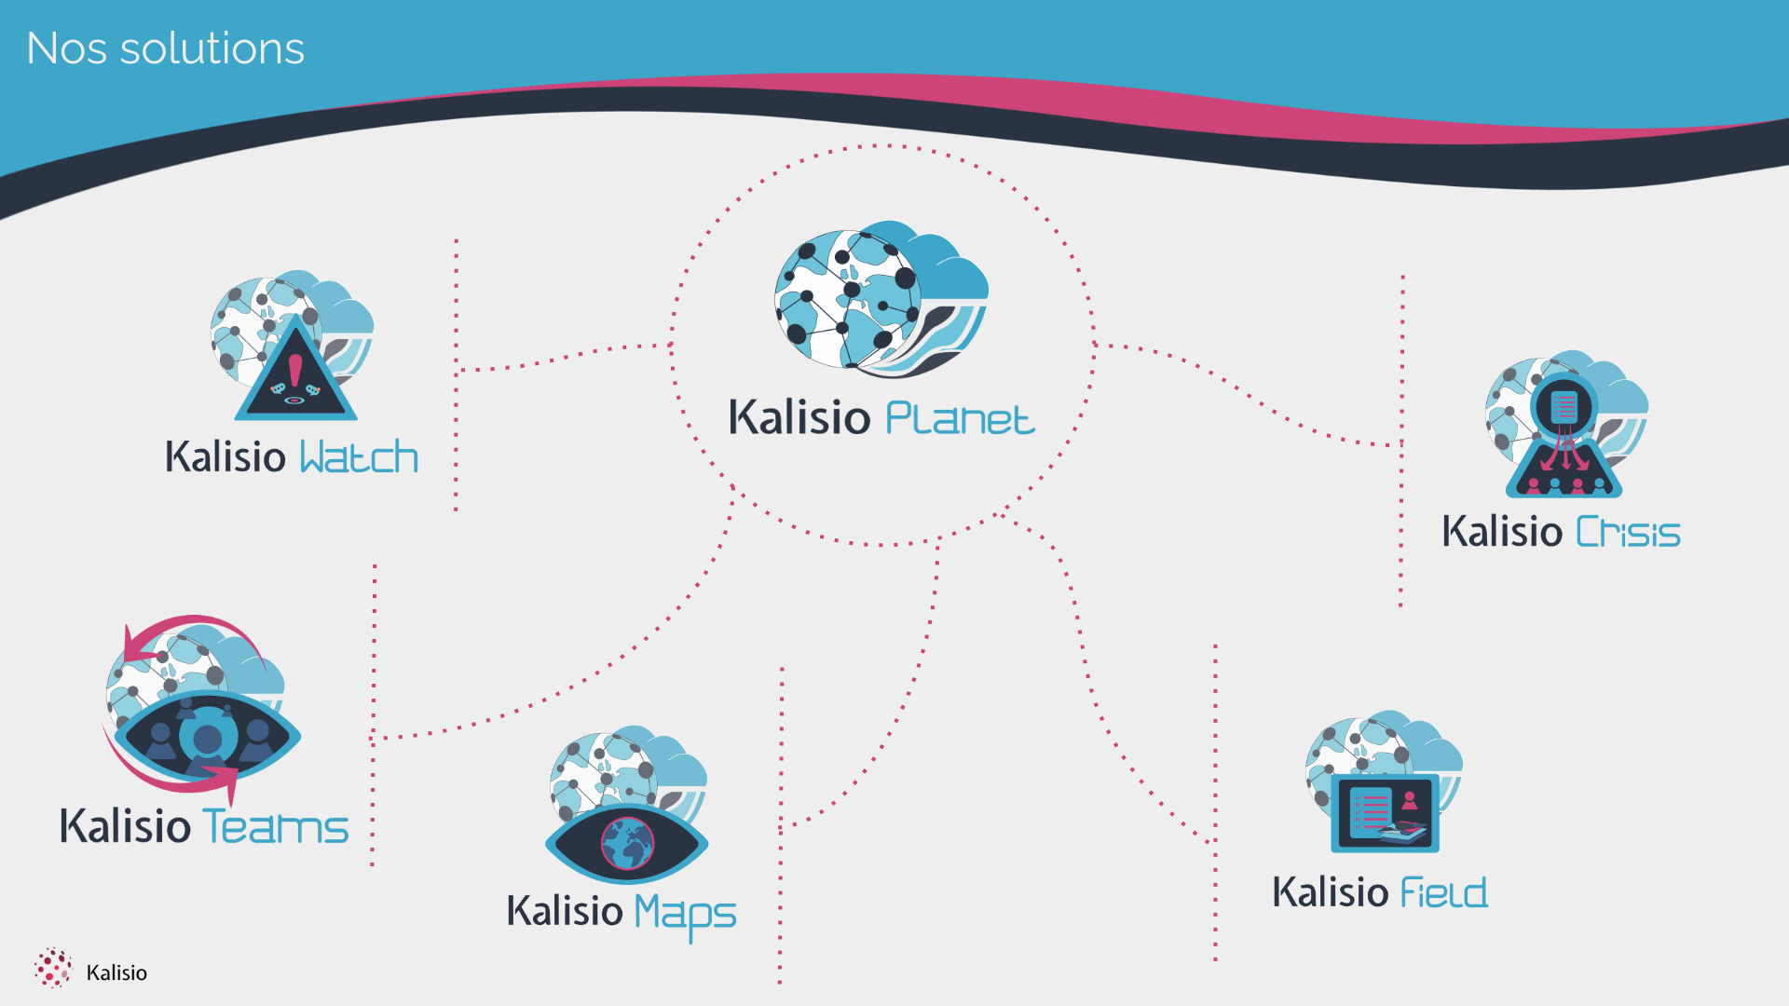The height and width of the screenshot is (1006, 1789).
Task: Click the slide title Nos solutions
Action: (165, 48)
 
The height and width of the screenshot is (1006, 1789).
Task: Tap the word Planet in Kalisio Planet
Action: (959, 418)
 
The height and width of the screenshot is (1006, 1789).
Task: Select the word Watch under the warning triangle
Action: (359, 457)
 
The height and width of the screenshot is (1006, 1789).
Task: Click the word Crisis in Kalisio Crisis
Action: (1628, 533)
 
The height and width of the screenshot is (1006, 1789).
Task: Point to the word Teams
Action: (276, 827)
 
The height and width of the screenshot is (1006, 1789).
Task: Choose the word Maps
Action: (686, 913)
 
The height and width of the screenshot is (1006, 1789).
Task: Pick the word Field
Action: (1444, 893)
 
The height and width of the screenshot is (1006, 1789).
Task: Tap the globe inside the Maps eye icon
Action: (627, 843)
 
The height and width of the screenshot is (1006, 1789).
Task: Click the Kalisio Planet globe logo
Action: (881, 298)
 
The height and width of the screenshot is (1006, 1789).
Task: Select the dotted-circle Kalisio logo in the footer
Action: (53, 969)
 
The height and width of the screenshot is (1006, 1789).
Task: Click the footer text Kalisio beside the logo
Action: (116, 972)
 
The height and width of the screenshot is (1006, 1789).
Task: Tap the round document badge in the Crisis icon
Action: (1564, 406)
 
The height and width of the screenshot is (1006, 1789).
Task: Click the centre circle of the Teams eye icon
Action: (207, 741)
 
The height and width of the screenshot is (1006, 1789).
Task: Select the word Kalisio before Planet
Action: (799, 417)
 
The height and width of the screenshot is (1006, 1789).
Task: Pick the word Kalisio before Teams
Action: (125, 826)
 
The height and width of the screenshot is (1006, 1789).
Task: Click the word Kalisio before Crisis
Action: (1501, 532)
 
